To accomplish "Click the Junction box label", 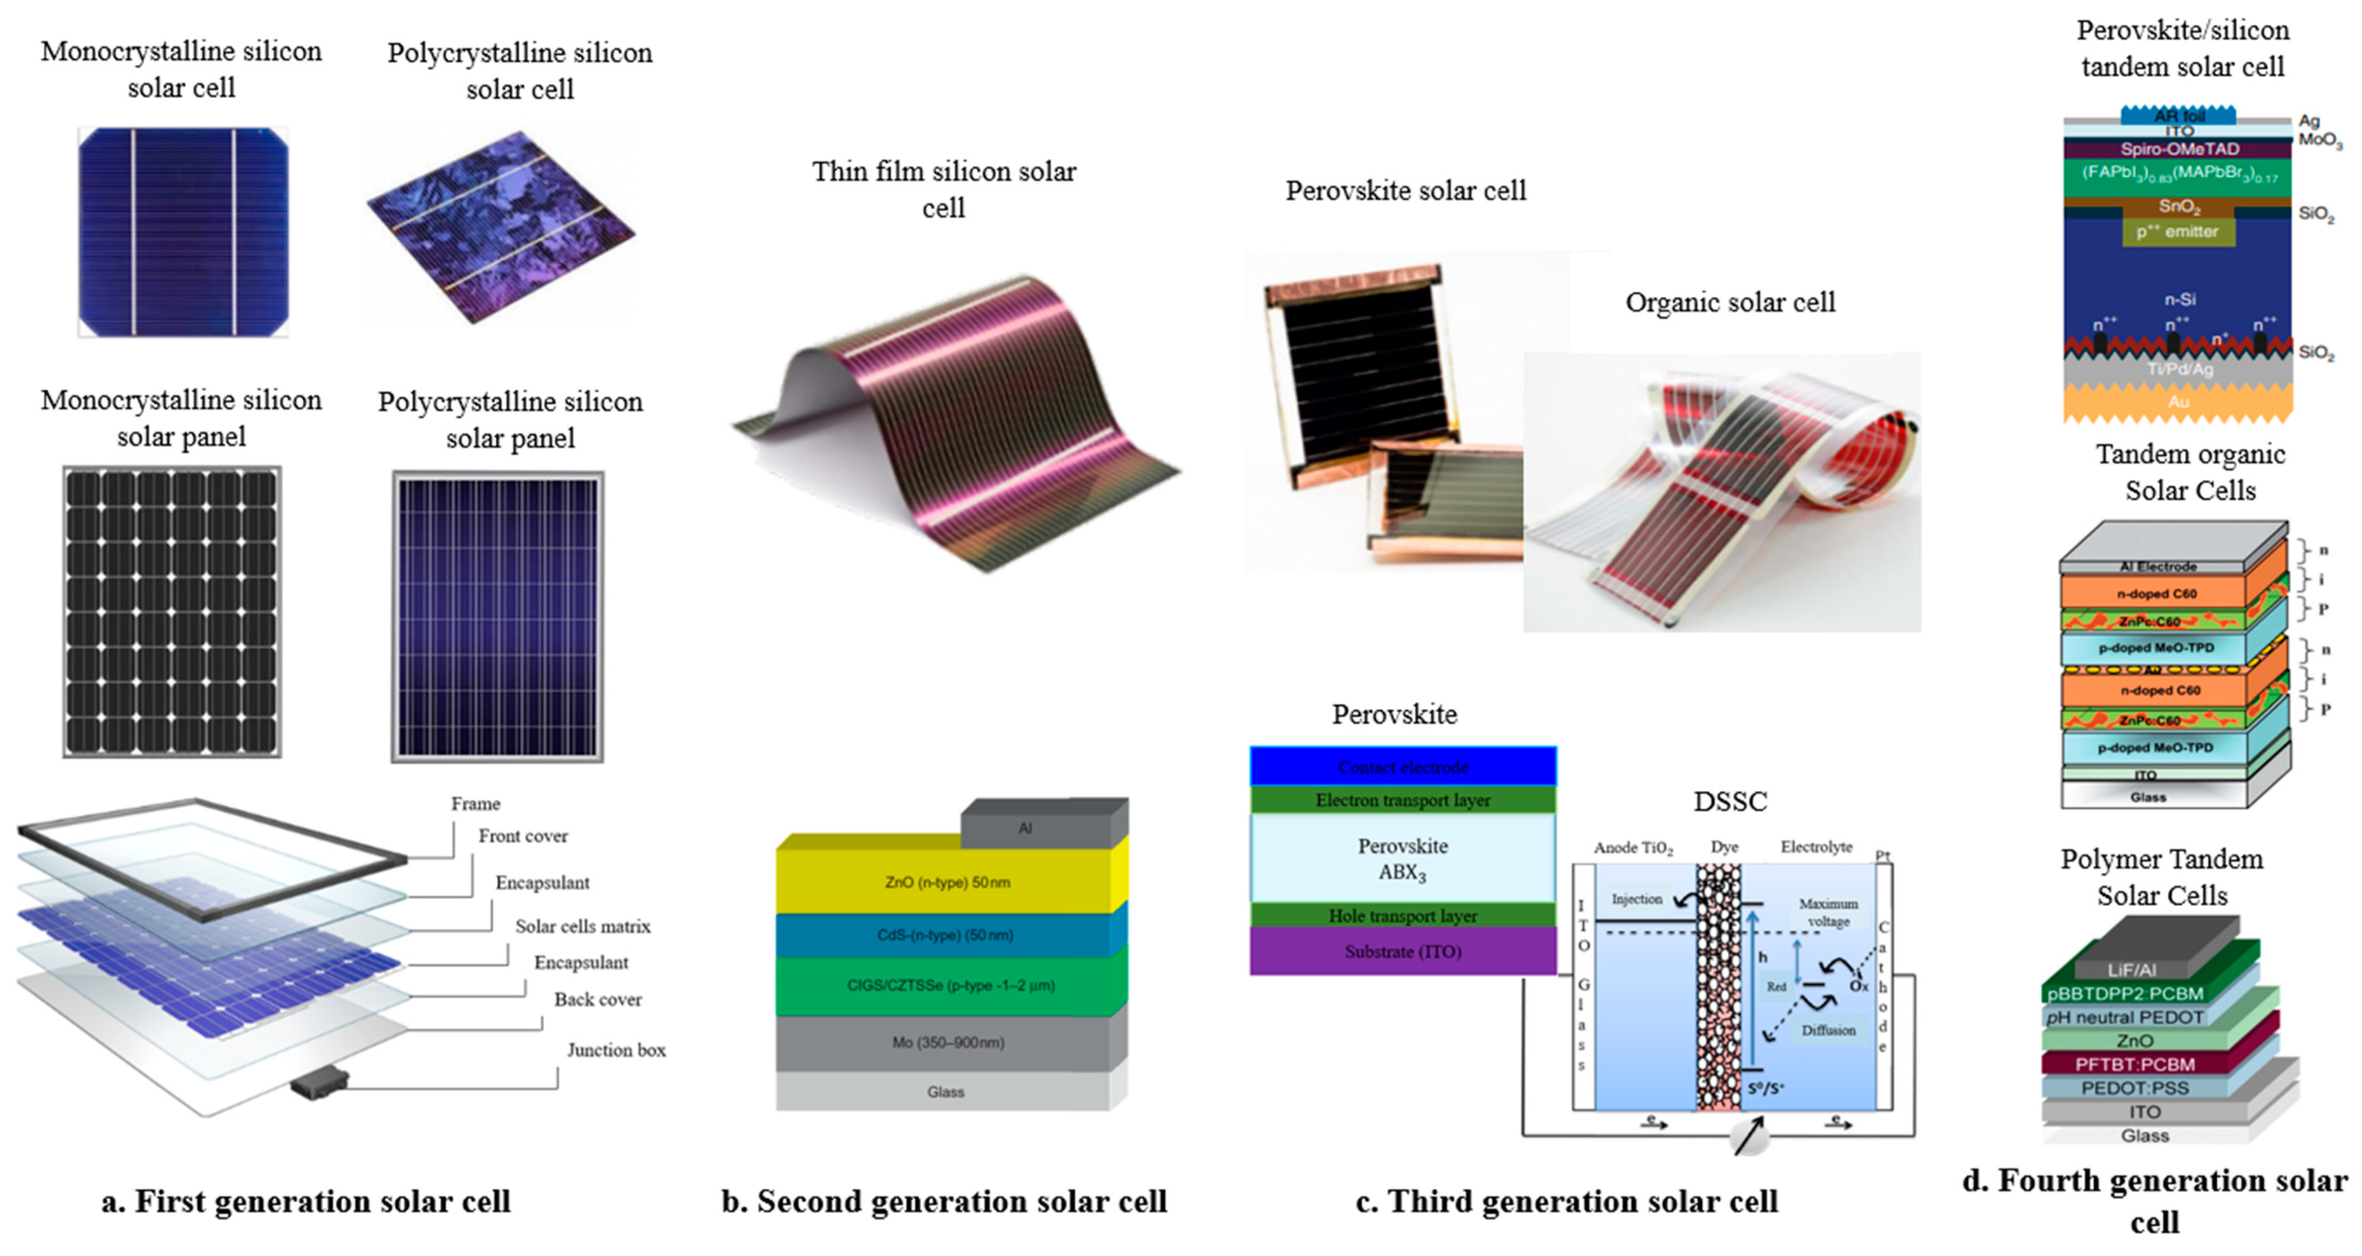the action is point(615,1050).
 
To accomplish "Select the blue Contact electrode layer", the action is point(1402,767).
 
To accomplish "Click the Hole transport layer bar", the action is point(1402,915).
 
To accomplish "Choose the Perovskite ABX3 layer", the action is point(1402,858).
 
